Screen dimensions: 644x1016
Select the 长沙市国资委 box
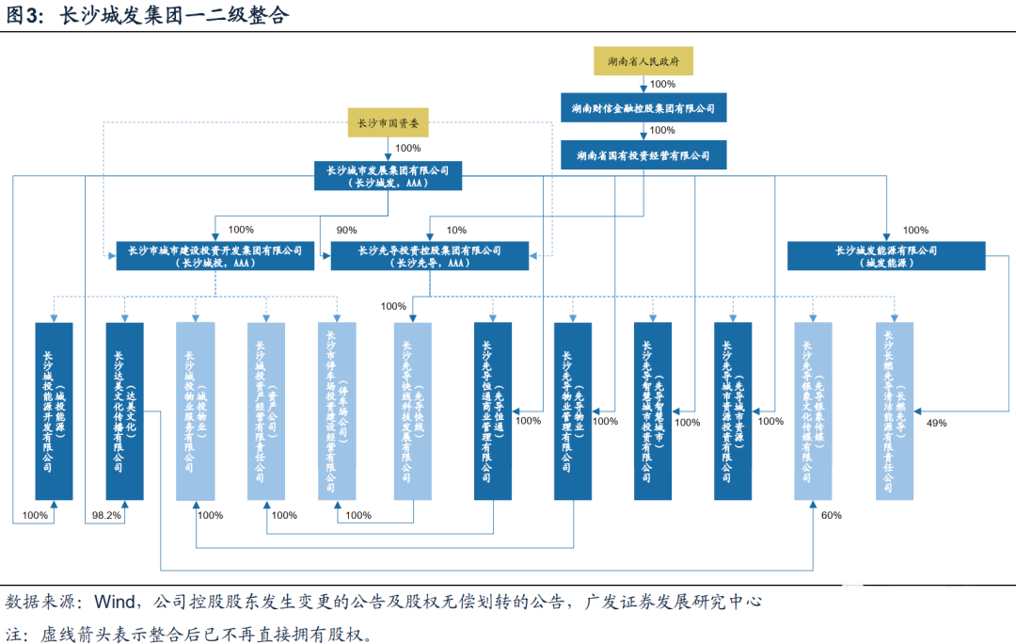pyautogui.click(x=389, y=122)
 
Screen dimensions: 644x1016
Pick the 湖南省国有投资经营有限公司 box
pyautogui.click(x=643, y=155)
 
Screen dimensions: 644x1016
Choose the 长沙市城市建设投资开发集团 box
pyautogui.click(x=215, y=256)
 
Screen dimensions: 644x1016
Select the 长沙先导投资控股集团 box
pyautogui.click(x=429, y=256)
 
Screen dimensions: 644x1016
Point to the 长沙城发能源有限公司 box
pyautogui.click(x=886, y=256)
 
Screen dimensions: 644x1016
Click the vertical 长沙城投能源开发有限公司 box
pyautogui.click(x=54, y=411)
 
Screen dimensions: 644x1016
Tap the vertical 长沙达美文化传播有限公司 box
pyautogui.click(x=124, y=411)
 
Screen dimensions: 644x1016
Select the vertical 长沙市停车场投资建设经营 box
pyautogui.click(x=338, y=411)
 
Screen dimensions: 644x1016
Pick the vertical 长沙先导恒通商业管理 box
pyautogui.click(x=493, y=411)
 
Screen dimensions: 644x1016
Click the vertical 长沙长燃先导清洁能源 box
pyautogui.click(x=894, y=411)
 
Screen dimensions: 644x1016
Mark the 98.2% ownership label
pyautogui.click(x=107, y=516)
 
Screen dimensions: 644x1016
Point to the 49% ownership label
pyautogui.click(x=937, y=423)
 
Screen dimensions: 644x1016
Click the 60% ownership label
pyautogui.click(x=831, y=516)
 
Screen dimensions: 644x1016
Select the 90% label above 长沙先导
pyautogui.click(x=347, y=231)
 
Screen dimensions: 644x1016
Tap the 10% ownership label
pyautogui.click(x=456, y=231)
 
